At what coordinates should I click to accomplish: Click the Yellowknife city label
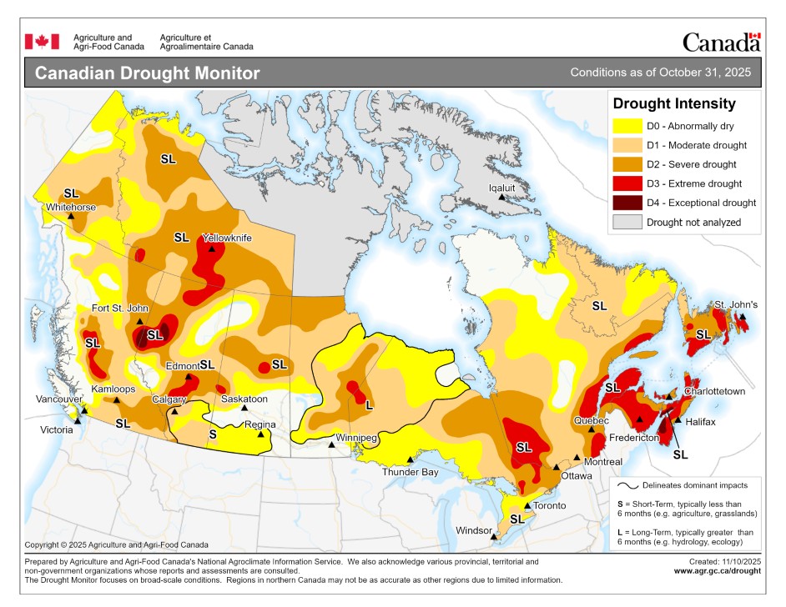pos(226,238)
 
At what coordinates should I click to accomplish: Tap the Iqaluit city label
pos(503,188)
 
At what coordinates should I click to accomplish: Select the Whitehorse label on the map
pos(71,207)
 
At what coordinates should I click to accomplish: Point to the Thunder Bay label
pos(410,472)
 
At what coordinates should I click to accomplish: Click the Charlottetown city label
pos(714,391)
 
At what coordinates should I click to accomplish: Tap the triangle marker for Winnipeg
pos(332,444)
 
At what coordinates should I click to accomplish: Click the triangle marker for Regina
pos(260,434)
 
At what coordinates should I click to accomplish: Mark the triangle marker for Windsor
pos(493,537)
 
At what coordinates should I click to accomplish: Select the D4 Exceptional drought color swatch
pos(627,203)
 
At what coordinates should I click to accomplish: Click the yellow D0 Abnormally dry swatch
pos(627,127)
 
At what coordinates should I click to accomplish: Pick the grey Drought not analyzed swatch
pos(627,222)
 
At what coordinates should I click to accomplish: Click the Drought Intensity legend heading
pos(673,104)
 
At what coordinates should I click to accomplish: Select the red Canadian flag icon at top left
pos(42,42)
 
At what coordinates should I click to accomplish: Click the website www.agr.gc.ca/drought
pos(717,571)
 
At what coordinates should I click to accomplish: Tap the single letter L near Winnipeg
pos(369,404)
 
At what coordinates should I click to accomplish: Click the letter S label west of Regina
pos(213,434)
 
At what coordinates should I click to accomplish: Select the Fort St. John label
pos(118,309)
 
